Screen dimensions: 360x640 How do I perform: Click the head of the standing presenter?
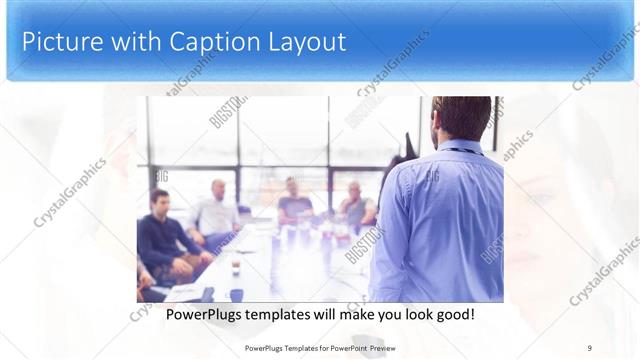[462, 118]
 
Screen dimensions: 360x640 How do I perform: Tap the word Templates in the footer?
[288, 348]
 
